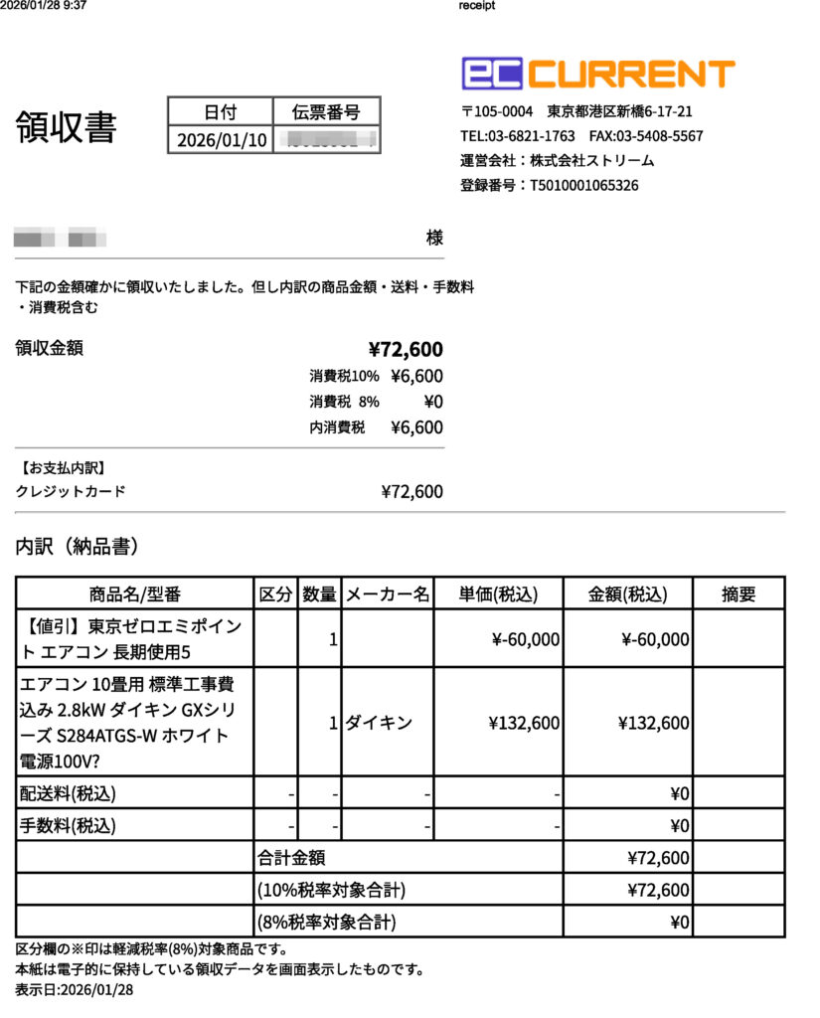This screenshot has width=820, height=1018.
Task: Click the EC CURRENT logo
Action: pos(598,74)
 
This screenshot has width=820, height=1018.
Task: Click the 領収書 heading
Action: pos(66,128)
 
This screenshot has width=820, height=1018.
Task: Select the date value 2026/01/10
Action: pos(222,140)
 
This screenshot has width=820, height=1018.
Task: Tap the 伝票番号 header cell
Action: pos(326,111)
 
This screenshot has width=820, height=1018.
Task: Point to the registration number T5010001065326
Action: pos(583,185)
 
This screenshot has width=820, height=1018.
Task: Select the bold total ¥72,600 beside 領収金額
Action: pos(406,349)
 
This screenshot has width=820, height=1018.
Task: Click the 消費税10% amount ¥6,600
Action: pos(416,376)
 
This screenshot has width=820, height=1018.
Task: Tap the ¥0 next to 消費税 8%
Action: pos(432,402)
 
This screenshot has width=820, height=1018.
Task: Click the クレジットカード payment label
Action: pos(71,491)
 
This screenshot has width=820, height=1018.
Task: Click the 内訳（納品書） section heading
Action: pos(77,546)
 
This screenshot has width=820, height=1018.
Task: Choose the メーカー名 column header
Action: pos(388,594)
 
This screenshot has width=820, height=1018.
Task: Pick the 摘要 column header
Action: pos(738,594)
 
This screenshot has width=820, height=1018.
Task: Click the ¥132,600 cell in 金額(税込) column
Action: pos(653,723)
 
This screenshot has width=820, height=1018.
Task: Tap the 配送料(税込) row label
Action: pos(69,793)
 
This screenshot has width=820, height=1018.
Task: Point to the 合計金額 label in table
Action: pos(291,858)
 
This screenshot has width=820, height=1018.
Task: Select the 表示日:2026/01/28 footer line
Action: pos(75,990)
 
